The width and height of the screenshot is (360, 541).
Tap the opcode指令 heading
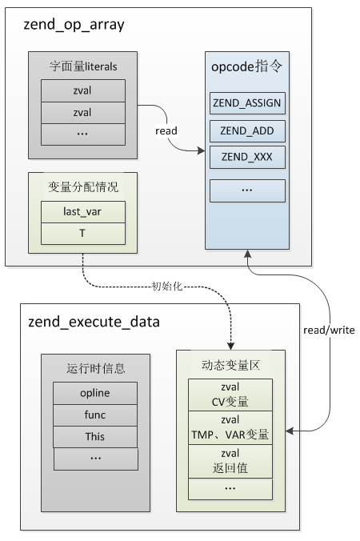(x=247, y=69)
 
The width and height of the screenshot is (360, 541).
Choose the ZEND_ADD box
(x=247, y=130)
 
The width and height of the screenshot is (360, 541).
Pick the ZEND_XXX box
(x=247, y=157)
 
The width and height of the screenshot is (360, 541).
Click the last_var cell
(x=82, y=211)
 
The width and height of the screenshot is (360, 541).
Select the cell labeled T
(x=82, y=233)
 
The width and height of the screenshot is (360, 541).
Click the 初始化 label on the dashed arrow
(x=166, y=286)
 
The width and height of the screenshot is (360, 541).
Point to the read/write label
(x=329, y=330)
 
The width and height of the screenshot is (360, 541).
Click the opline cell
(x=95, y=393)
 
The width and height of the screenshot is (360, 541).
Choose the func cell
(x=95, y=415)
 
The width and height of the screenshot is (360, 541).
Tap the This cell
(x=95, y=436)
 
